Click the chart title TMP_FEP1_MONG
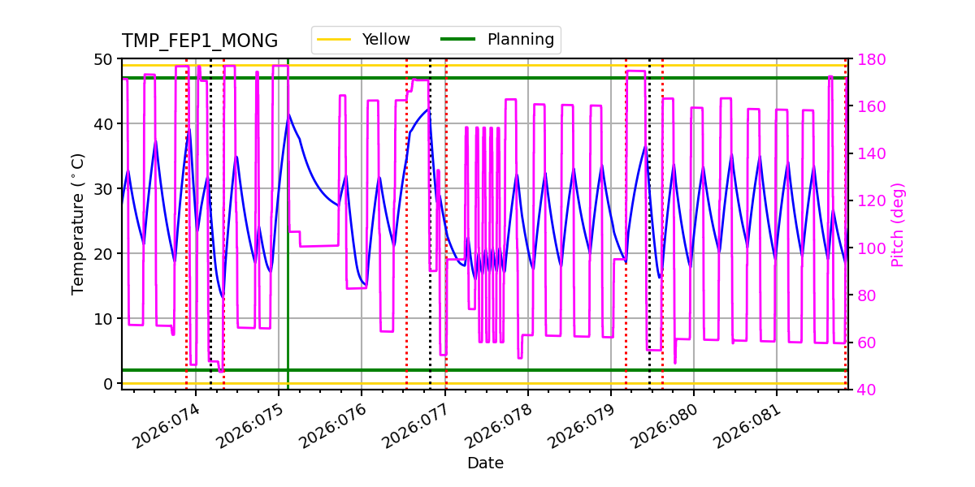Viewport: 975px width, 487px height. tap(200, 41)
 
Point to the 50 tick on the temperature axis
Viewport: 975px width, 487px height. tap(104, 59)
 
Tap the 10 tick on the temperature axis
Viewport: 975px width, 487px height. tap(104, 318)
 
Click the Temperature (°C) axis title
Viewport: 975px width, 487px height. tap(78, 224)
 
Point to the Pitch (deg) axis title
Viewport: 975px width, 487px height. tap(898, 224)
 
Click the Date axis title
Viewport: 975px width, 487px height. tap(485, 463)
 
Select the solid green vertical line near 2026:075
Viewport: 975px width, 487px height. tap(288, 243)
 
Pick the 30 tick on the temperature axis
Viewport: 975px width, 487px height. tap(104, 188)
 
